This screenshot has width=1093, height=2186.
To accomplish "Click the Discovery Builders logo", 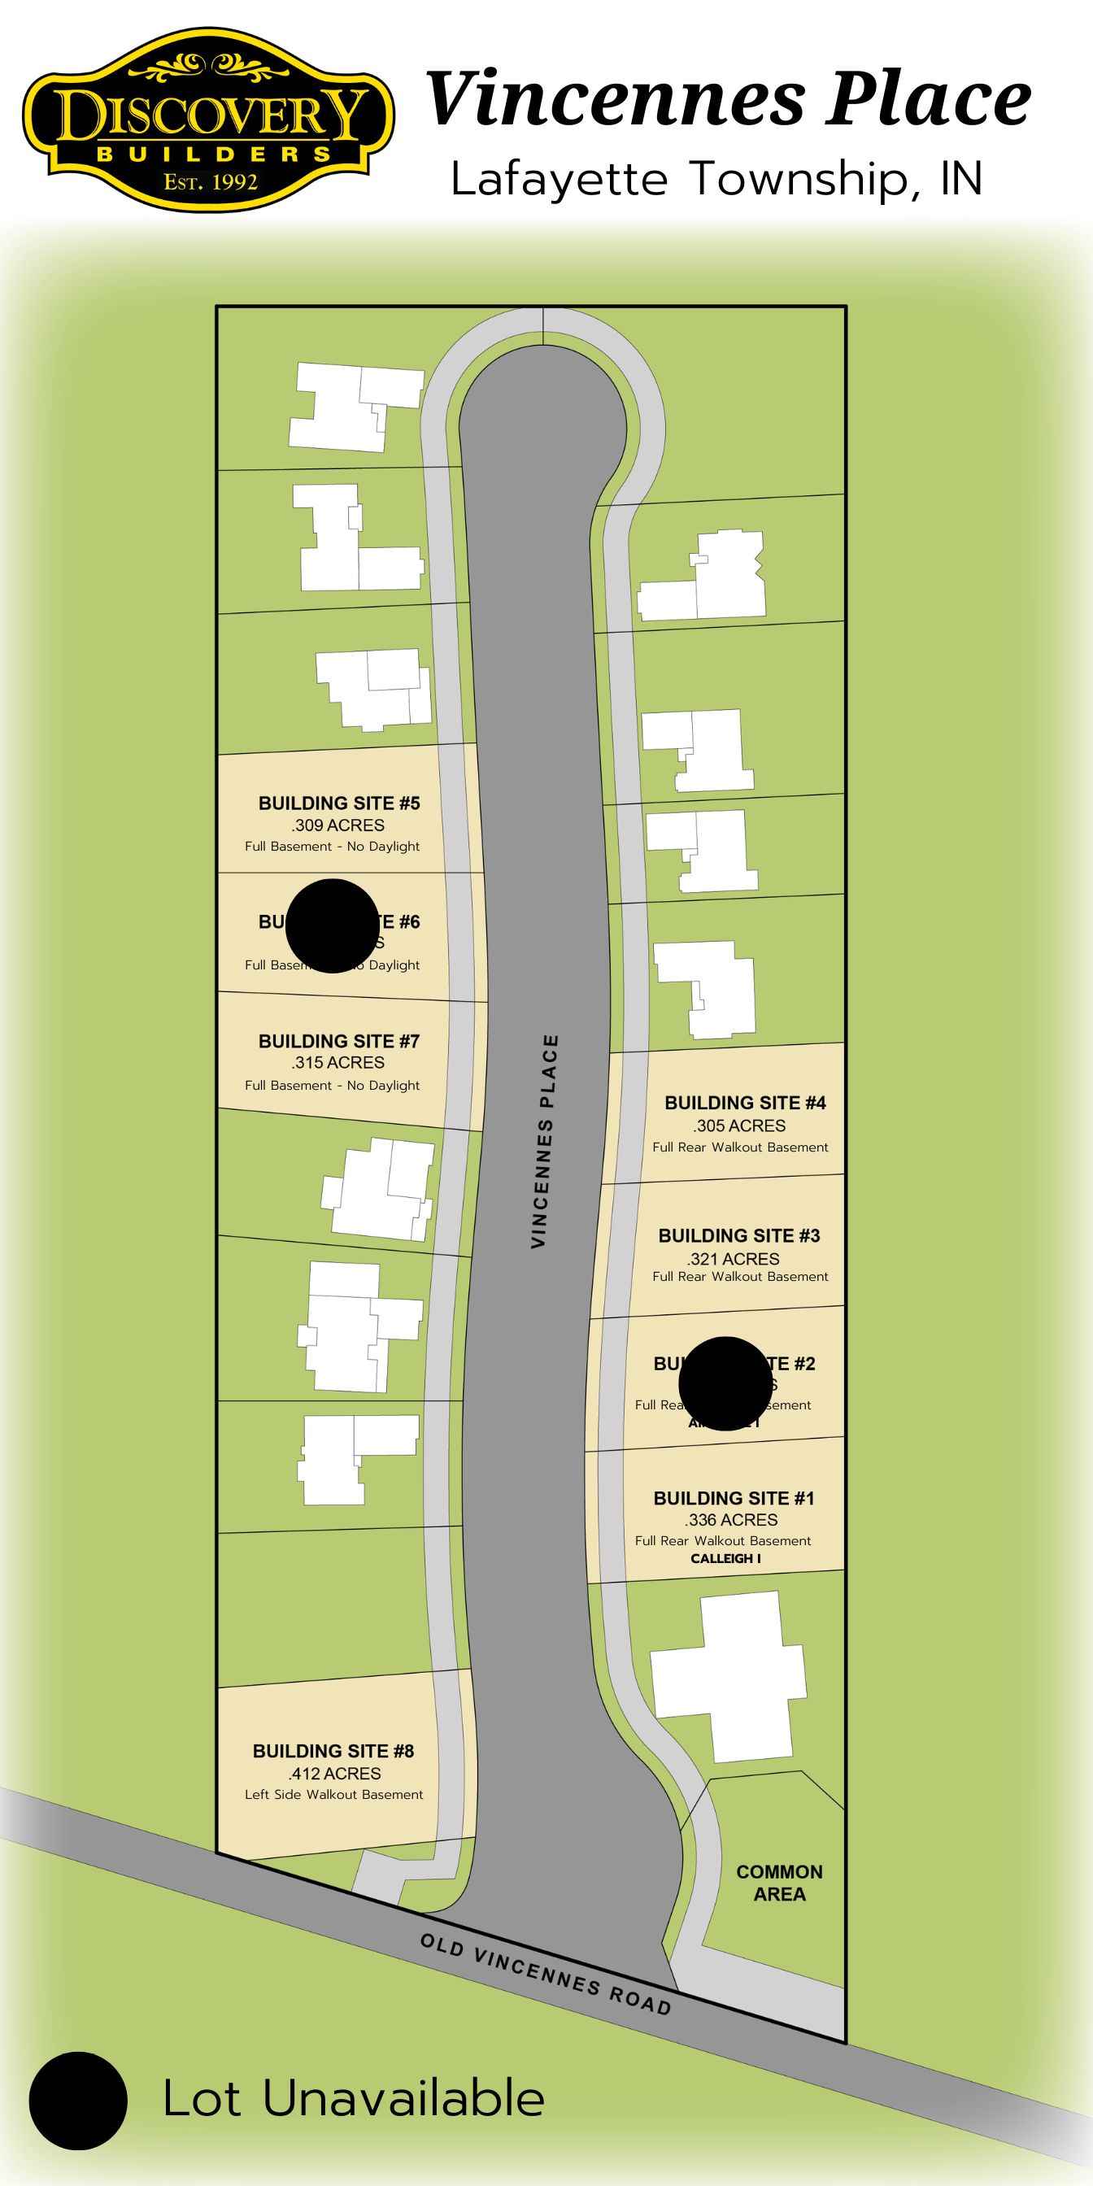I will (x=208, y=119).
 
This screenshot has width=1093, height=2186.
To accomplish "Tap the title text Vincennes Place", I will (x=728, y=99).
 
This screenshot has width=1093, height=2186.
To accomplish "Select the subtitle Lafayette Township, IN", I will (x=716, y=179).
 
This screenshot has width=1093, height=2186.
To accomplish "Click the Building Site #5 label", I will (x=338, y=803).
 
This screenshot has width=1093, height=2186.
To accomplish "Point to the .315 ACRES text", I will (x=337, y=1062).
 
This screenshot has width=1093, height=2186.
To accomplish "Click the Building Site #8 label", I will (x=333, y=1751).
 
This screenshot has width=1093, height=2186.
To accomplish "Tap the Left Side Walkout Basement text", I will (x=333, y=1794).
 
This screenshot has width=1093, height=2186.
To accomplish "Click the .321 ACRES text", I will (x=734, y=1260).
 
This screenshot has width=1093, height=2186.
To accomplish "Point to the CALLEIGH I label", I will (x=725, y=1558).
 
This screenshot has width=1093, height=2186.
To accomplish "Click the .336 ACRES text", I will (x=730, y=1520).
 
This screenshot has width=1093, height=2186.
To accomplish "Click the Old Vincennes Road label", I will (x=546, y=1974).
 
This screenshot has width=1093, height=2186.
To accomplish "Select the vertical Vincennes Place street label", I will (x=544, y=1141).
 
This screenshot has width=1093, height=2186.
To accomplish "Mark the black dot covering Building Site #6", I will (x=332, y=925).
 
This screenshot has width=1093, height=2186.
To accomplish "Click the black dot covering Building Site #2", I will (x=725, y=1383).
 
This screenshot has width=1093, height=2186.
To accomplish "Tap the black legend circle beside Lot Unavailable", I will (x=78, y=2101).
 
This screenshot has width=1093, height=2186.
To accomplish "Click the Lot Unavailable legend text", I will (x=353, y=2099).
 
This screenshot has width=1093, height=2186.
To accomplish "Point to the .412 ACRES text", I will (x=334, y=1774).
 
